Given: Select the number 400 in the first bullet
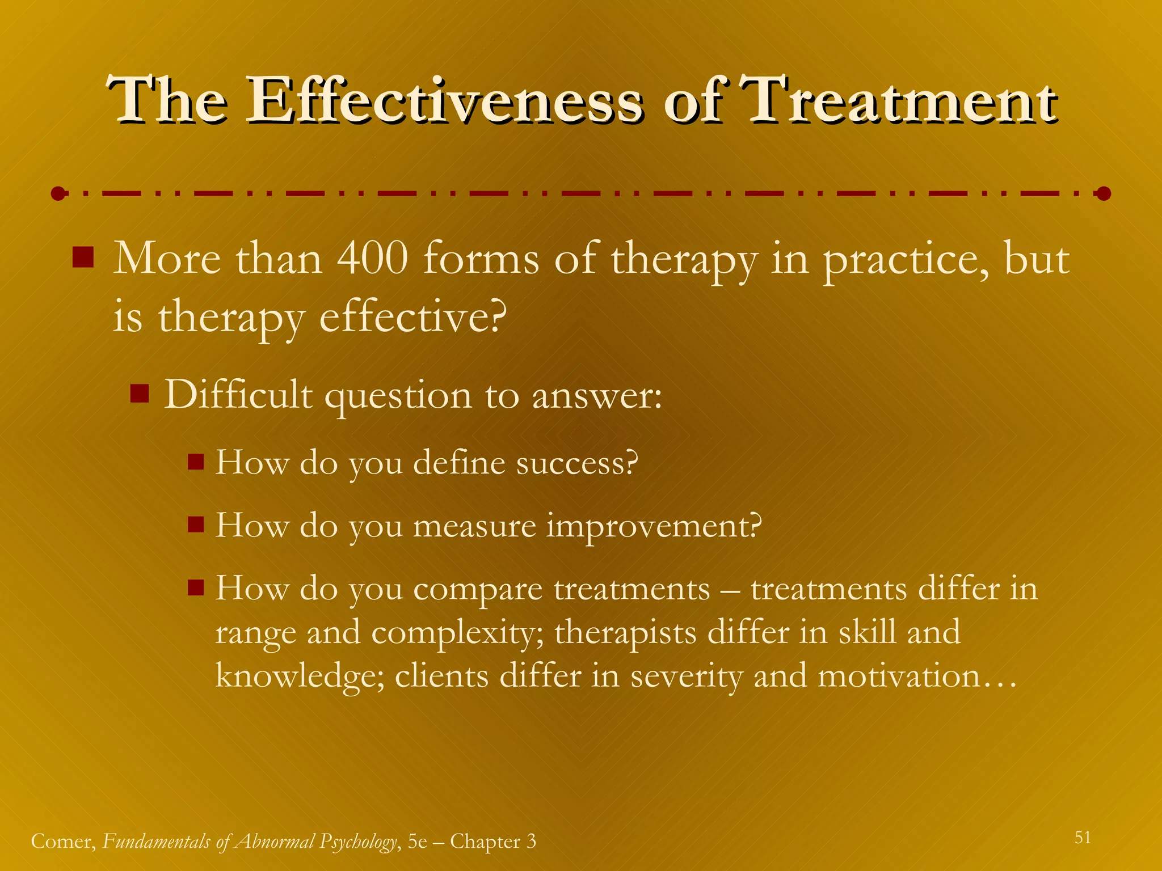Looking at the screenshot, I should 372,259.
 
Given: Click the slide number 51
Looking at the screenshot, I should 1083,838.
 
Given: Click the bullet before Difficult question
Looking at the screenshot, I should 139,392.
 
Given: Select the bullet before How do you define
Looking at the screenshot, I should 196,462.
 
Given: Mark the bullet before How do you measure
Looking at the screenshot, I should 196,525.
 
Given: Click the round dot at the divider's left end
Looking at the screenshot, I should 58,194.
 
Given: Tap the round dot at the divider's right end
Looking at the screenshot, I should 1103,194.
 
